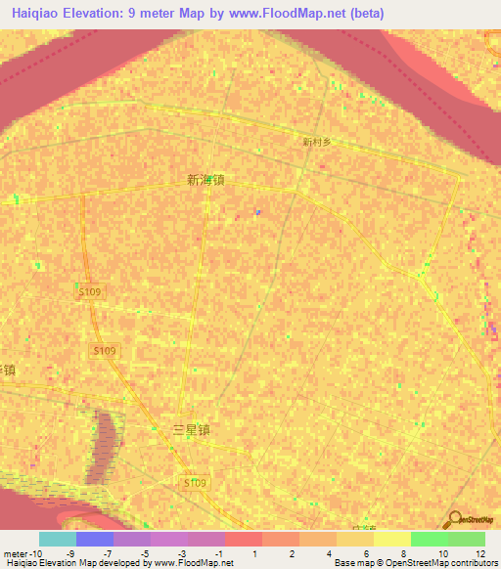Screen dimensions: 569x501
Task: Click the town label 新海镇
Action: (205, 180)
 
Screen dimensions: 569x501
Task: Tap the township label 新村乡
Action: (317, 142)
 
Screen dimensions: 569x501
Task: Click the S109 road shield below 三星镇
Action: (196, 483)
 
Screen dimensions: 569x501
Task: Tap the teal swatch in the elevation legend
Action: (58, 539)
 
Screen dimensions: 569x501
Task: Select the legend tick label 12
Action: (479, 553)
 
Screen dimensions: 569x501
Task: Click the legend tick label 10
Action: (442, 553)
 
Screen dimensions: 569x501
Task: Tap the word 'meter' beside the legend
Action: (16, 553)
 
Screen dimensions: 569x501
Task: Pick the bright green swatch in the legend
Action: (429, 539)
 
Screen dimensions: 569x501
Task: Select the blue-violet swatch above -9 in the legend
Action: (95, 539)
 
